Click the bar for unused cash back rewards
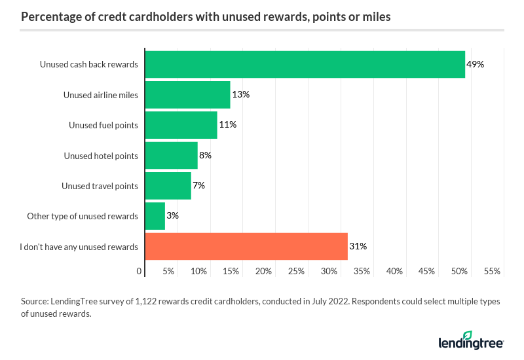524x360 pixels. tap(305, 64)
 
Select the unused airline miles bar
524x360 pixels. tap(187, 94)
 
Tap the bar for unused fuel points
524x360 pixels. tap(181, 125)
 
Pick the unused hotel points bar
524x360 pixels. tap(171, 155)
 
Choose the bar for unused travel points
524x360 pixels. tap(168, 185)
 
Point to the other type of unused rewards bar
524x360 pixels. tap(155, 216)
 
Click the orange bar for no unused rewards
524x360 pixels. tap(246, 247)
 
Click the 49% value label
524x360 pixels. tap(475, 64)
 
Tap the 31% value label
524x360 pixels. tap(358, 247)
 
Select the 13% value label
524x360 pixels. tap(240, 94)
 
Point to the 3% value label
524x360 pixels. tap(173, 216)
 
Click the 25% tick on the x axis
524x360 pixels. tap(296, 271)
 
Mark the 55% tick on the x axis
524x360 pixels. tap(492, 271)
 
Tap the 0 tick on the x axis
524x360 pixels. tap(140, 271)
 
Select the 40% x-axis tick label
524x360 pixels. tap(394, 271)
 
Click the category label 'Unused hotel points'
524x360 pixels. tap(101, 156)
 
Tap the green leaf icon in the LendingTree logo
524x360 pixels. tap(467, 336)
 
